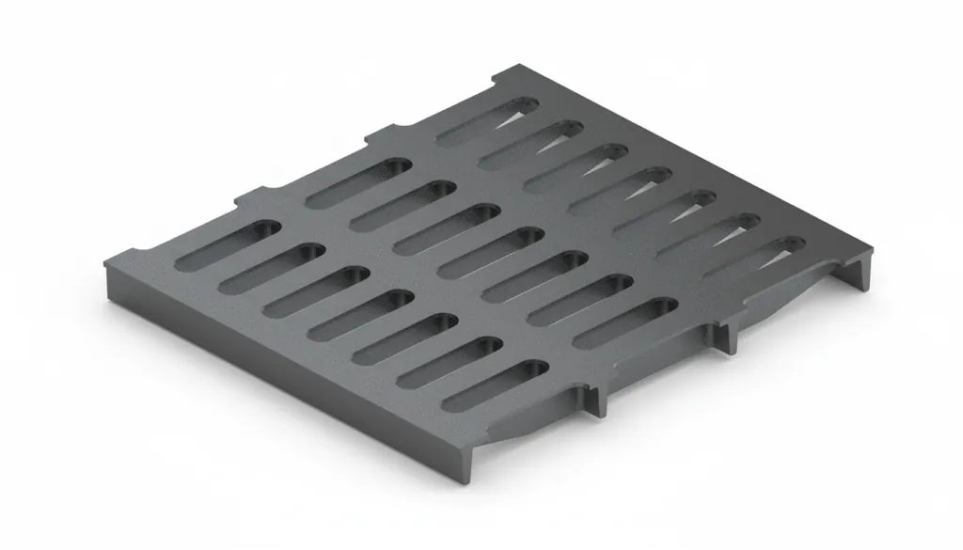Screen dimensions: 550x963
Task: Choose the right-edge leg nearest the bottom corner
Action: [596, 399]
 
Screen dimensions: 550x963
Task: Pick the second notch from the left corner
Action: [246, 195]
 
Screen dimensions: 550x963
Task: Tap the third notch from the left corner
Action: [373, 134]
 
